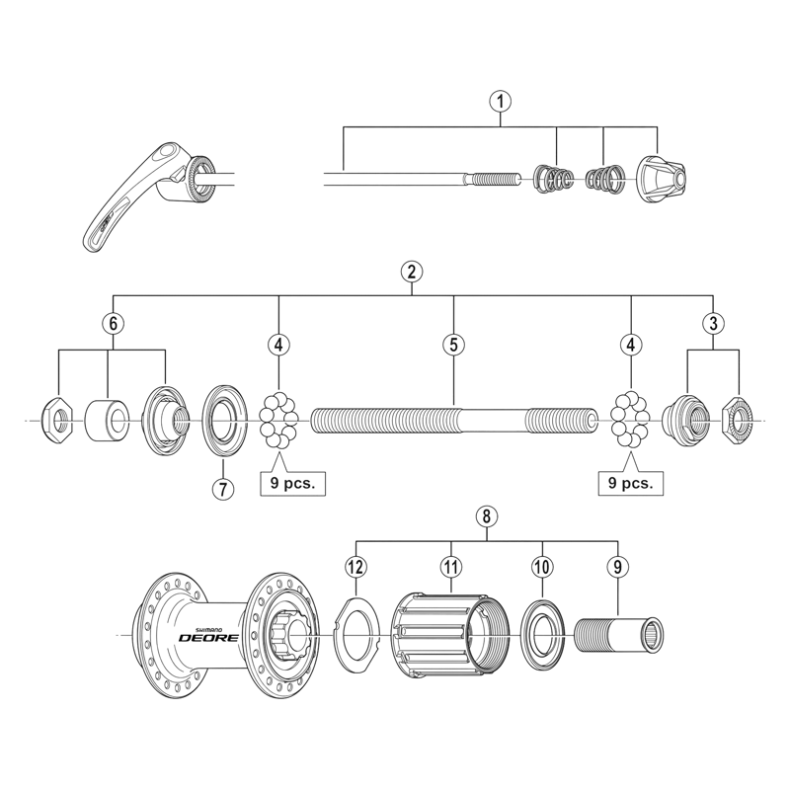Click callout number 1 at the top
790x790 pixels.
tap(501, 100)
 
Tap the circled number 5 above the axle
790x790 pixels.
tap(452, 345)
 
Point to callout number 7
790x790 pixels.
tap(223, 488)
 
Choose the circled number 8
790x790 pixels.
tap(484, 515)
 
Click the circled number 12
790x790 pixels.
tap(355, 566)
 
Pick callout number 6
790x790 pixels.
tap(113, 322)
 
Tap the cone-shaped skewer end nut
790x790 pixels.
tap(659, 178)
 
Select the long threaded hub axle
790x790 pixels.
tap(454, 421)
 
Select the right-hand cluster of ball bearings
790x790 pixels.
tap(629, 421)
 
